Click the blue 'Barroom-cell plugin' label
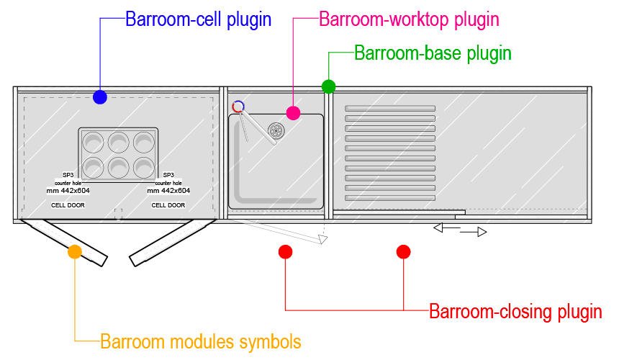199,19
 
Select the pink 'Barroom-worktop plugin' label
409,19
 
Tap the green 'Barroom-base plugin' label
433,53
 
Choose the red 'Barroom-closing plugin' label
515,312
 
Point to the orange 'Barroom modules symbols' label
201,341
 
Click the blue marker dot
100,97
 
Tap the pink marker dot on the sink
293,112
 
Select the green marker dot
328,86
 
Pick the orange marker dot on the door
75,252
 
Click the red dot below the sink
285,251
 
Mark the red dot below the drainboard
404,251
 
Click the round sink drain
276,130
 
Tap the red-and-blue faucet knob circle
238,107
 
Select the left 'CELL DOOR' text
68,205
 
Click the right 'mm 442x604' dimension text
168,191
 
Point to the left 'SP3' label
68,175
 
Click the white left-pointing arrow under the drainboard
438,228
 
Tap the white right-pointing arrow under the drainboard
482,232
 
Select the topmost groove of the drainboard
390,109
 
